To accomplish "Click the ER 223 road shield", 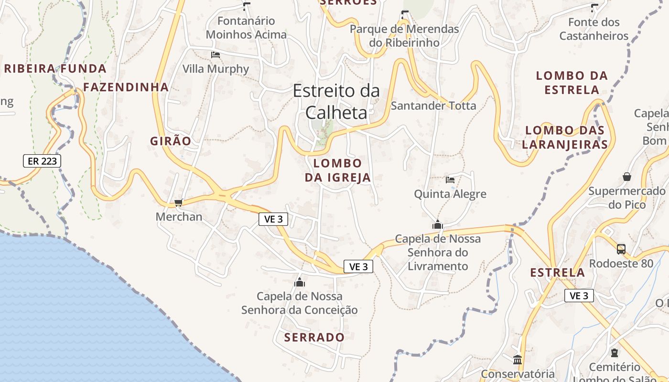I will [42, 161].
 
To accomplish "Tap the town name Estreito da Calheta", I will [336, 102].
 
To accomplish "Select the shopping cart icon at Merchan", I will [179, 203].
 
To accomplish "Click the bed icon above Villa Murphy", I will [216, 55].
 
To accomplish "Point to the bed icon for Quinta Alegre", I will [450, 180].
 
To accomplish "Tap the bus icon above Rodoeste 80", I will [621, 249].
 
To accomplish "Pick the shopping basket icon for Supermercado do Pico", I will [627, 177].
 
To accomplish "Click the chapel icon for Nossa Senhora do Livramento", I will [437, 224].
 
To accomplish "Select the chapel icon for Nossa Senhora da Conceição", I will [300, 282].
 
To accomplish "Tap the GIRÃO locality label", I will [171, 141].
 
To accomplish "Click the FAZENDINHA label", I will [126, 87].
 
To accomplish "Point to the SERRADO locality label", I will [314, 337].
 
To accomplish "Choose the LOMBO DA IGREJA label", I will [338, 170].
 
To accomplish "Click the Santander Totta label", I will [433, 106].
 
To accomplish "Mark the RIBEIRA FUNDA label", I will [55, 68].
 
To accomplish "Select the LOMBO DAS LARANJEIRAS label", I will [565, 137].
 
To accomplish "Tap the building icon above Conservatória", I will [518, 360].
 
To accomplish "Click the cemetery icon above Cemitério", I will [615, 353].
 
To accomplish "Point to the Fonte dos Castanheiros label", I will [594, 29].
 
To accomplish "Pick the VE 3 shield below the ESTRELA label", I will [579, 296].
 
